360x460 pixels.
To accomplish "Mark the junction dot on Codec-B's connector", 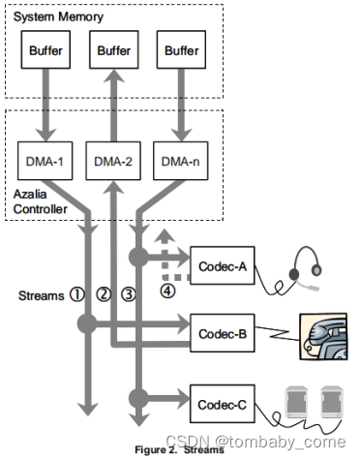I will pos(89,322).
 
